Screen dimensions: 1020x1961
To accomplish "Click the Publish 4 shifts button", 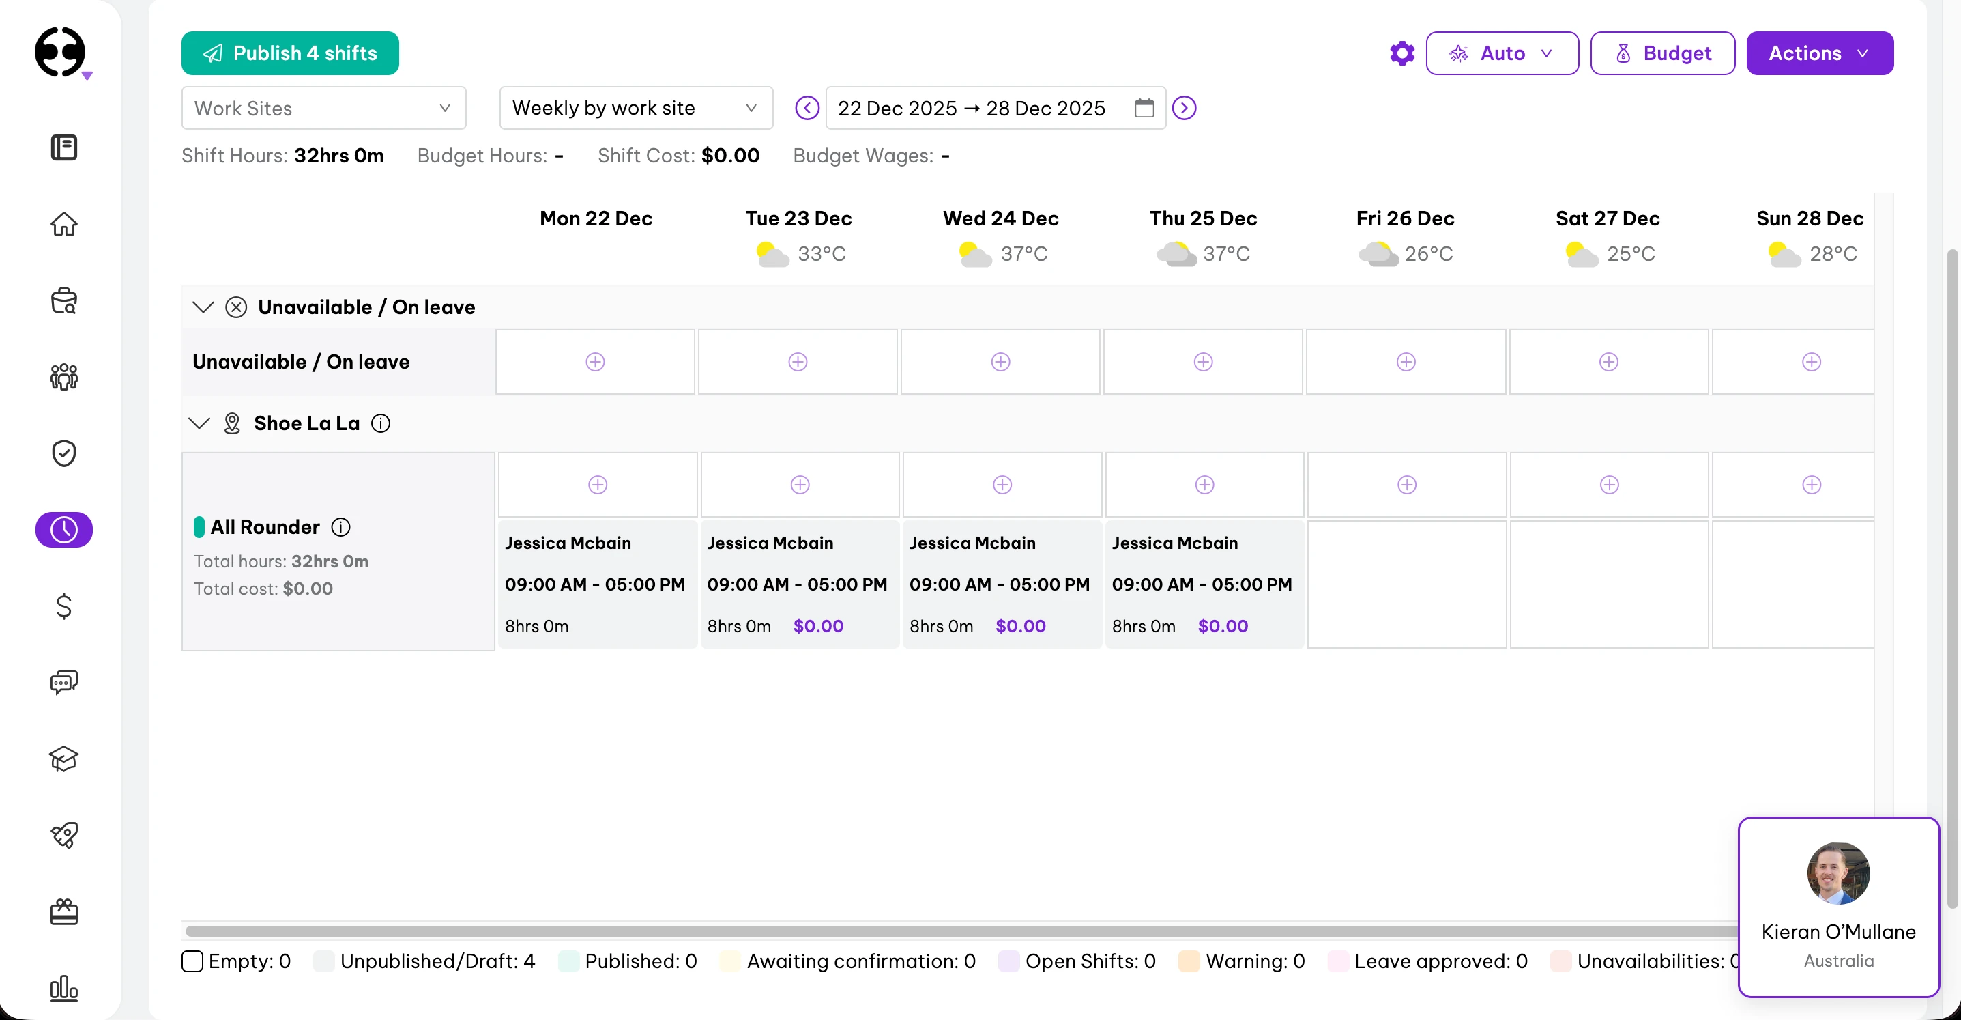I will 289,53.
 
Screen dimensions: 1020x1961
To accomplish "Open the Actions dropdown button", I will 1818,53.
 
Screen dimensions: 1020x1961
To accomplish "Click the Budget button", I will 1662,53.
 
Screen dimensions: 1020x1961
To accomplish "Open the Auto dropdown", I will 1501,53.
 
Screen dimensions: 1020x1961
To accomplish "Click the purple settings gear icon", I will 1401,53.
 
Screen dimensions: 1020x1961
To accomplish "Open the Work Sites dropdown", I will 323,108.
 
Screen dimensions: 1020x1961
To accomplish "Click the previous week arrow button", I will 807,108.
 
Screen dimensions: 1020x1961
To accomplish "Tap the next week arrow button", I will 1184,108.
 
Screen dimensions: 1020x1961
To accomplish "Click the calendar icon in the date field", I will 1144,108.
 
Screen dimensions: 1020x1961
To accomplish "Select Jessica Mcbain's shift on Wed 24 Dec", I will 1001,584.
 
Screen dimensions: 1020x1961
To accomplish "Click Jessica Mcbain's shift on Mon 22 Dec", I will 597,584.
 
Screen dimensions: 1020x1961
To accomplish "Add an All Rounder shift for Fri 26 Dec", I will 1406,485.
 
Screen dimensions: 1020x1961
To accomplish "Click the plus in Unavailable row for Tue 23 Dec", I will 797,362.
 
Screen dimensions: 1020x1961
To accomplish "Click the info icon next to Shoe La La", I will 381,423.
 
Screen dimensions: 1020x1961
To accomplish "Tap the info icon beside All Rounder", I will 341,527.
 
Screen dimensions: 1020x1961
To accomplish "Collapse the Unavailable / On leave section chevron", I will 203,307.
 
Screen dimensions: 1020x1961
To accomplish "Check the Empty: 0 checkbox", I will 192,961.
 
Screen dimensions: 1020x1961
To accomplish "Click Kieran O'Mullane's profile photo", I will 1837,873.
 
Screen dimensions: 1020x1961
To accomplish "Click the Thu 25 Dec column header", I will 1203,218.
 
